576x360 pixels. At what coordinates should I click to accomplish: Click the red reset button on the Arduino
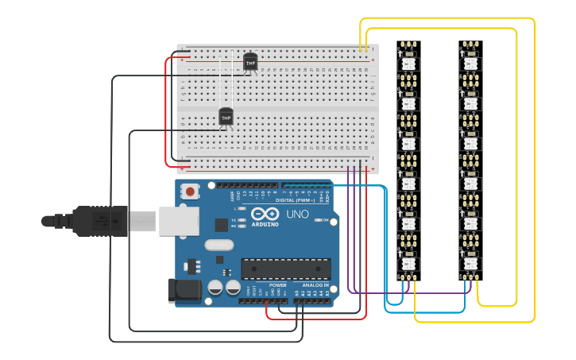click(x=191, y=191)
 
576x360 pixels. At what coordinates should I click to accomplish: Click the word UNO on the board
click(x=297, y=215)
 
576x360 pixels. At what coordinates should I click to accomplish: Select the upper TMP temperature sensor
click(x=250, y=61)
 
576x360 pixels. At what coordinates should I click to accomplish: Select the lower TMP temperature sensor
click(x=226, y=117)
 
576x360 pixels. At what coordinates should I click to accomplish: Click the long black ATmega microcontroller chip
click(x=285, y=269)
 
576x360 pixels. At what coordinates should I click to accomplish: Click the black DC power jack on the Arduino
click(x=183, y=290)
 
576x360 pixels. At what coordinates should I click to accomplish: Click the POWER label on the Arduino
click(x=277, y=285)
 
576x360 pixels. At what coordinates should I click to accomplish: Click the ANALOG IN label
click(x=315, y=285)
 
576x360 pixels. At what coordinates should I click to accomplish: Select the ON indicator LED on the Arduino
click(x=318, y=220)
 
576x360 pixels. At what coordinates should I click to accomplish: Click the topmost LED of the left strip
click(x=408, y=61)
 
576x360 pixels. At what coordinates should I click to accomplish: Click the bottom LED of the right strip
click(x=470, y=262)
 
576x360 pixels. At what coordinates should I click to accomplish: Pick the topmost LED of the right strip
click(x=470, y=61)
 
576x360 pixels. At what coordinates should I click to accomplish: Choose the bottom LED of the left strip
click(x=408, y=262)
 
